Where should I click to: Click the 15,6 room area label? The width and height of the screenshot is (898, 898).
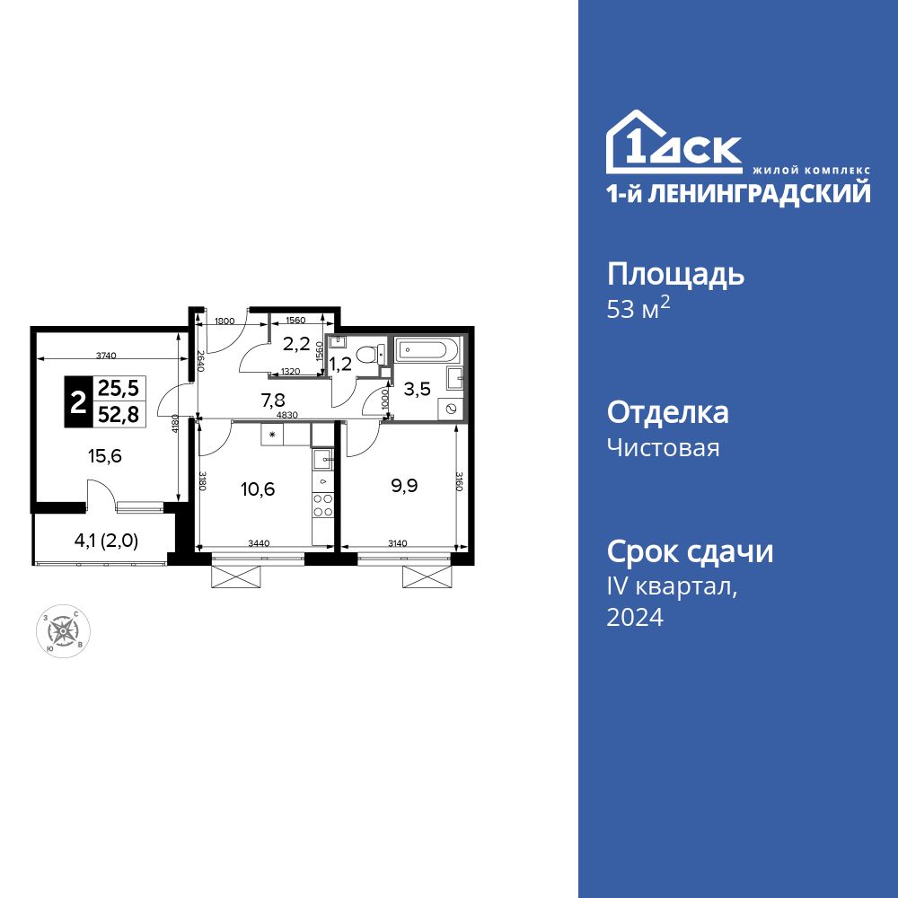(104, 455)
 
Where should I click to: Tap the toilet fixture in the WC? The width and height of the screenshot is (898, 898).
(366, 354)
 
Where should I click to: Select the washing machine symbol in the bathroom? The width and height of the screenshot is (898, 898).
(451, 409)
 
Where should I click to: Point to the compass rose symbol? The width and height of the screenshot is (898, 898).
(62, 630)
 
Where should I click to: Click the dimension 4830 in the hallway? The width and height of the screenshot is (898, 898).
(286, 415)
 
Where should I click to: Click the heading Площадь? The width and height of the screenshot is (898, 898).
(675, 274)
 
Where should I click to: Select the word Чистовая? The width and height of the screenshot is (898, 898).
(664, 447)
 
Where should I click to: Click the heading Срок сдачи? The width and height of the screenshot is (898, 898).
(690, 551)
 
